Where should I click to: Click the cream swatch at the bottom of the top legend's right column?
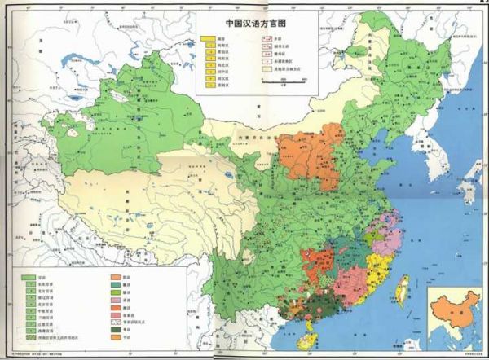click(x=267, y=71)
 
